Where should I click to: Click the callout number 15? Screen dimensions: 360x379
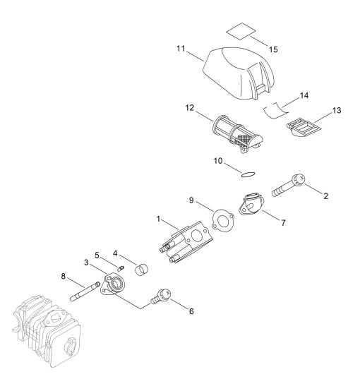click(273, 49)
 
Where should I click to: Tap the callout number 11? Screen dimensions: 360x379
click(181, 49)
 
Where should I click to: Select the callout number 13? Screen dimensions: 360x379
click(337, 111)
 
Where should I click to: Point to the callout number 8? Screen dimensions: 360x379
click(63, 276)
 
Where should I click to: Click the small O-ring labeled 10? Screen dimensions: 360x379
click(248, 174)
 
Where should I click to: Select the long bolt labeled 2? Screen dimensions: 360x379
click(288, 186)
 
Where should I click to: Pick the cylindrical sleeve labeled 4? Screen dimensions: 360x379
click(142, 269)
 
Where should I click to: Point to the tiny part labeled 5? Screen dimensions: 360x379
click(121, 267)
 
